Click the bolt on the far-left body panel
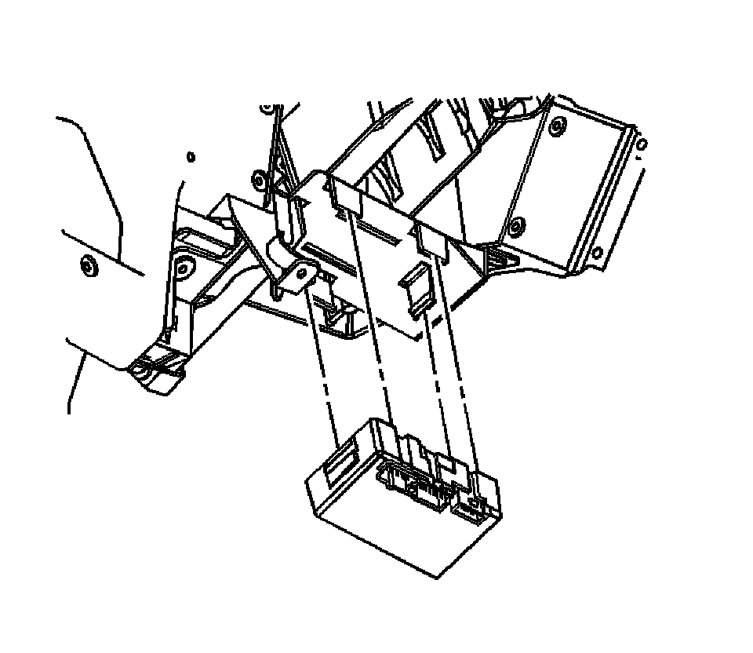[x=87, y=267]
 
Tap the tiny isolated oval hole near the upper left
[x=191, y=157]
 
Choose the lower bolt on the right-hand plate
[x=515, y=228]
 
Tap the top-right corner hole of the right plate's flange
[x=643, y=144]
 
